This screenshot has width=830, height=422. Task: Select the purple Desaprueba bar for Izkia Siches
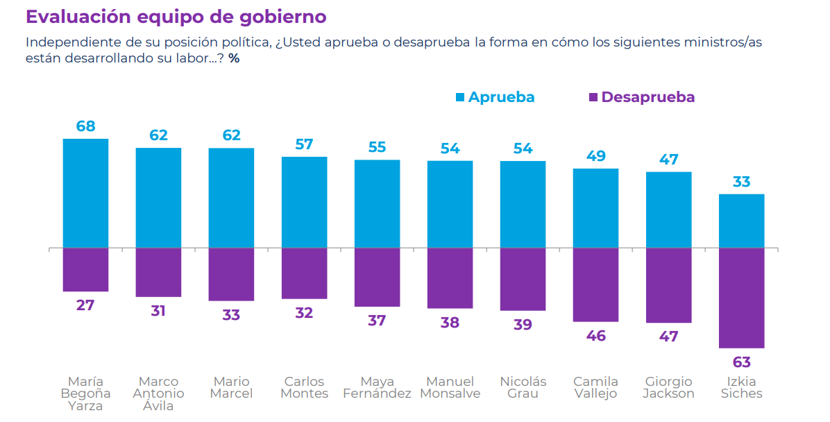pos(741,298)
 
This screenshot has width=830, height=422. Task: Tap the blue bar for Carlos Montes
pos(304,202)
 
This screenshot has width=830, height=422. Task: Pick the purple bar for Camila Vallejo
pos(595,285)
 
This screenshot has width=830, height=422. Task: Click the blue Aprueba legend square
pos(459,97)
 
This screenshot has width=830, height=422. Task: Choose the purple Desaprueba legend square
pos(593,97)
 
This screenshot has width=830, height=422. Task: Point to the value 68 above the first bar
pos(86,126)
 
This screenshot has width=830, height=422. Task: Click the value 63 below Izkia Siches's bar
pos(741,362)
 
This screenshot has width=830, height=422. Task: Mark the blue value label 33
pos(741,182)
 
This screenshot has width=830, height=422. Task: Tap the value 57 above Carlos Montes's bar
pos(304,144)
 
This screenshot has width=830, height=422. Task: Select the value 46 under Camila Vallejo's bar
pos(595,336)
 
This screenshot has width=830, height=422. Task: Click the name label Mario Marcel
pos(231,388)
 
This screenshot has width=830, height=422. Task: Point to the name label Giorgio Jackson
pos(668,388)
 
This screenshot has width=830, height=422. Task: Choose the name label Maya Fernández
pos(377,388)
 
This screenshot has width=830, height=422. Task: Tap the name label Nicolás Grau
pos(523,388)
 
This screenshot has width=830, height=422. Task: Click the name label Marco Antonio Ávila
pos(158,394)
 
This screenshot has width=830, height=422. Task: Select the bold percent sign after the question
pos(234,58)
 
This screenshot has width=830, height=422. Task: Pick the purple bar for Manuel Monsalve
pos(450,278)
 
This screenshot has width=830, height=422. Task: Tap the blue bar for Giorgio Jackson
pos(668,210)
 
